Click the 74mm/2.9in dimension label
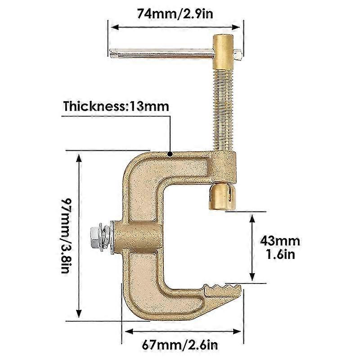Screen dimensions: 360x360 point(175,13)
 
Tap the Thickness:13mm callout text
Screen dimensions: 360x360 point(116,107)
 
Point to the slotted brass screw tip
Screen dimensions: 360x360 point(222,196)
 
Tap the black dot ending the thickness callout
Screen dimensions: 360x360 point(171,154)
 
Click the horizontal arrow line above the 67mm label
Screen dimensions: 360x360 point(184,332)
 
